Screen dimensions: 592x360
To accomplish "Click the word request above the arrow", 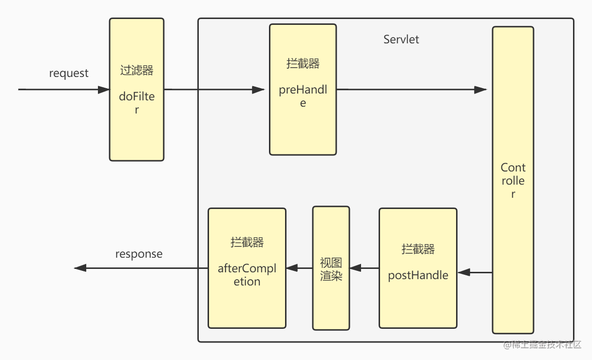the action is point(69,73).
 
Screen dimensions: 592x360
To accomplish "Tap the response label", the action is point(139,254).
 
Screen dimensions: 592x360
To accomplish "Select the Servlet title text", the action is point(401,39).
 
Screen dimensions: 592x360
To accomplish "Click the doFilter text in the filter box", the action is point(136,103).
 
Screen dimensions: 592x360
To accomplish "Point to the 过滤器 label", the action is point(136,70).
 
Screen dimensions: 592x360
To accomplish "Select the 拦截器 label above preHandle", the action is point(303,64).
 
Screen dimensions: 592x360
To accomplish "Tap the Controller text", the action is point(513,181).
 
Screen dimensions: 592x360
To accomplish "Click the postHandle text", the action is point(418,275).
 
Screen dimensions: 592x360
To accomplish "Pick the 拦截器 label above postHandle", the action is point(418,249).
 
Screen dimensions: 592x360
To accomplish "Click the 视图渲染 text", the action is point(331,269).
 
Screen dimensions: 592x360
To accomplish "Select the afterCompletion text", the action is point(247,275).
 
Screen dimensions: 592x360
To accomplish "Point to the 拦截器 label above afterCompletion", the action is point(247,243).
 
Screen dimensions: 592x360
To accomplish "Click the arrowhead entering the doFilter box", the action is point(104,90).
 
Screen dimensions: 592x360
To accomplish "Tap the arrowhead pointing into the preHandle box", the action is point(258,90).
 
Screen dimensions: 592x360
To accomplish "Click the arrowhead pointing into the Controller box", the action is point(480,90).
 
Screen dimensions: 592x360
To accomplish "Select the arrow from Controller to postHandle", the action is point(475,272).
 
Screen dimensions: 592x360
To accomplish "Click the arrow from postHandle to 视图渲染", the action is point(364,268).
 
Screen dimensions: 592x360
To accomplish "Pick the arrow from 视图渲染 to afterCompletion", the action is point(299,268).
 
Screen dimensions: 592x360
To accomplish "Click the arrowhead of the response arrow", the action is point(80,268).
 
